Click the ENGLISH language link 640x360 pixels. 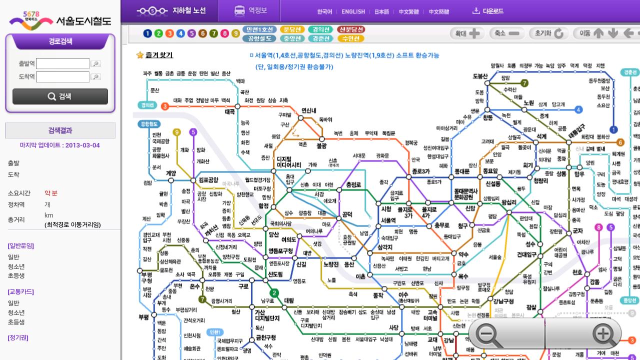353,11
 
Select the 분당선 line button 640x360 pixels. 292,29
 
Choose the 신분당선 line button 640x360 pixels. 350,29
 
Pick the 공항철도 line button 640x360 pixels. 259,38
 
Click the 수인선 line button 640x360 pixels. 350,38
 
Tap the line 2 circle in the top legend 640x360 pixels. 158,33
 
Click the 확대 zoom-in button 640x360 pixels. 467,33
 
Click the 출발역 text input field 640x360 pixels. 62,63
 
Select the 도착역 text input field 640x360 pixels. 62,77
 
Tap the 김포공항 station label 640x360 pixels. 208,179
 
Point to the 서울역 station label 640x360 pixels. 388,220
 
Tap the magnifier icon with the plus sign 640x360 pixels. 604,334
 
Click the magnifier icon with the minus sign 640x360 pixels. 488,334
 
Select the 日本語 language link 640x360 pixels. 381,11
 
